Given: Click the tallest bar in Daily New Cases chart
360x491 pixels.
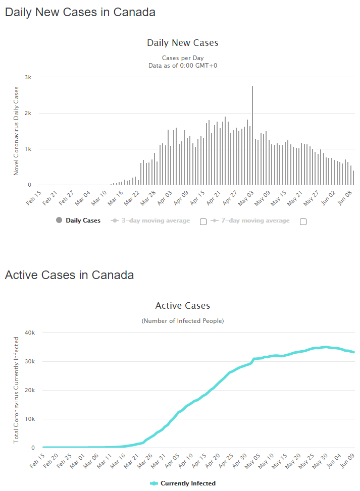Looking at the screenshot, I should [252, 136].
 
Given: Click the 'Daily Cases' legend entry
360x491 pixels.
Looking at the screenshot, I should [83, 221].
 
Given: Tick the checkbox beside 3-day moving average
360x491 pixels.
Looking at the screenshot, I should [203, 222].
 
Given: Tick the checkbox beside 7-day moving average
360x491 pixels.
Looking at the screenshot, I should [303, 222].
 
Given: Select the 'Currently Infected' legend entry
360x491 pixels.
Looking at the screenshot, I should [188, 483].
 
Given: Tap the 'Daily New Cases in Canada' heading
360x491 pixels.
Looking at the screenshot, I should [80, 13].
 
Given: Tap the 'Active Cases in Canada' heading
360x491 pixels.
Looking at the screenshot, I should [69, 275].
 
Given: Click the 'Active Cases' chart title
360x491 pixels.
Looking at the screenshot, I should [182, 306].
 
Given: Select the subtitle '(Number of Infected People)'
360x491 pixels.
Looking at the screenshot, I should [182, 320].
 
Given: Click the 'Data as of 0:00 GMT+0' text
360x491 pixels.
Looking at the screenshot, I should [182, 65].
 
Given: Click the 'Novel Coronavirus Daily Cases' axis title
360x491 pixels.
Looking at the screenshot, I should [16, 131].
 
